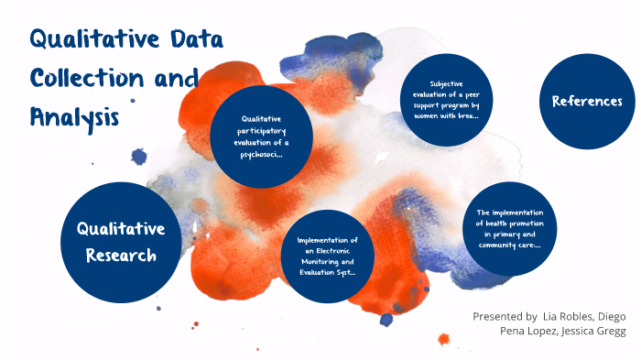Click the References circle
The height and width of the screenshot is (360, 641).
click(587, 102)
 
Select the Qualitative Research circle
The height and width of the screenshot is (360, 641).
click(120, 242)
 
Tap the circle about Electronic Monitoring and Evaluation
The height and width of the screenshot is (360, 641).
click(327, 256)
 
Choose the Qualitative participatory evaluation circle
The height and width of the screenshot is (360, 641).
click(261, 136)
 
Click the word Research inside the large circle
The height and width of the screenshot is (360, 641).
click(121, 256)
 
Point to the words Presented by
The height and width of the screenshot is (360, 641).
click(505, 315)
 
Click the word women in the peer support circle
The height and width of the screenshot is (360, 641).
click(423, 115)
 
